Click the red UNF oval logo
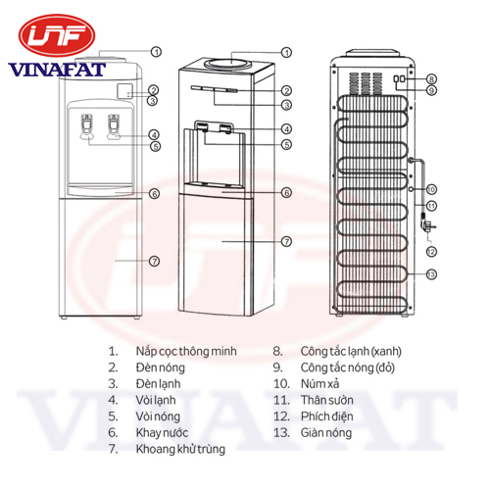click(x=57, y=35)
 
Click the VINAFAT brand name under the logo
click(x=57, y=70)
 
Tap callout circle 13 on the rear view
click(x=431, y=274)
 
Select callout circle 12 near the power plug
click(x=431, y=252)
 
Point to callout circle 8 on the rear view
click(x=431, y=79)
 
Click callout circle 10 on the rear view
click(x=431, y=189)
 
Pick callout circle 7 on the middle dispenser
click(x=286, y=242)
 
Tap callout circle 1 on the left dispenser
click(x=156, y=52)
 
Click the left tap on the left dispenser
click(x=86, y=126)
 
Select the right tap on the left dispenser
click(x=114, y=126)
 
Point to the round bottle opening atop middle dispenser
click(x=227, y=62)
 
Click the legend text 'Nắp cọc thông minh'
click(x=186, y=352)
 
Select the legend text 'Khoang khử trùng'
click(x=180, y=449)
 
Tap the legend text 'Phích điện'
click(x=327, y=416)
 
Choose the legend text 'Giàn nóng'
click(x=326, y=433)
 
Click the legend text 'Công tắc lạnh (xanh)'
click(x=351, y=352)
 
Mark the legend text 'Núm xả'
click(x=319, y=384)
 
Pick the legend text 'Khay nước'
click(x=162, y=433)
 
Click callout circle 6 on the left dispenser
click(x=155, y=194)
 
